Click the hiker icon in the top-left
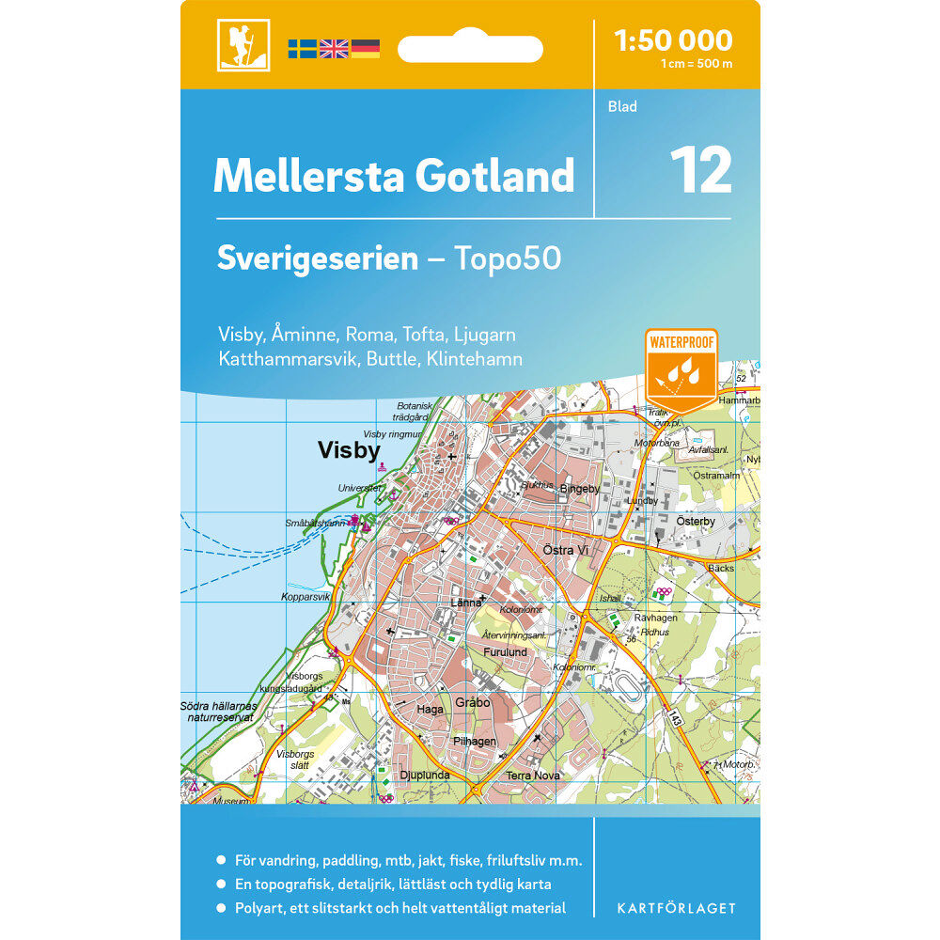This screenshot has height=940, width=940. click(x=243, y=45)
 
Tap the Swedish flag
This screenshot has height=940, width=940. click(x=302, y=49)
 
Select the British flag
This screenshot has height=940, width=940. click(x=334, y=49)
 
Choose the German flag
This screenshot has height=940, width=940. click(x=365, y=49)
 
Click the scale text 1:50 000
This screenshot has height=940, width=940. click(x=672, y=40)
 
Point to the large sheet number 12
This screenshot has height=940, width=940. click(x=700, y=170)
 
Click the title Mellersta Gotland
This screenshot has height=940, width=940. click(x=393, y=176)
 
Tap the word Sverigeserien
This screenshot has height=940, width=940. click(x=317, y=258)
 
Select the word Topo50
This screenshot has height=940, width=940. click(x=508, y=258)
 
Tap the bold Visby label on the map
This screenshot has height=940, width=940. click(x=349, y=451)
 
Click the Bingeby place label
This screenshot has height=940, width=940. click(x=579, y=489)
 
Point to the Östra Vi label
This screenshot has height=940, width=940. click(x=565, y=550)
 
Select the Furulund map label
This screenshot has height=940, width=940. click(x=505, y=651)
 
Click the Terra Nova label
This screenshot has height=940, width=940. click(x=533, y=775)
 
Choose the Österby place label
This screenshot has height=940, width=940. click(x=696, y=521)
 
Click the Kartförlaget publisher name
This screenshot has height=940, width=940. click(x=676, y=908)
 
